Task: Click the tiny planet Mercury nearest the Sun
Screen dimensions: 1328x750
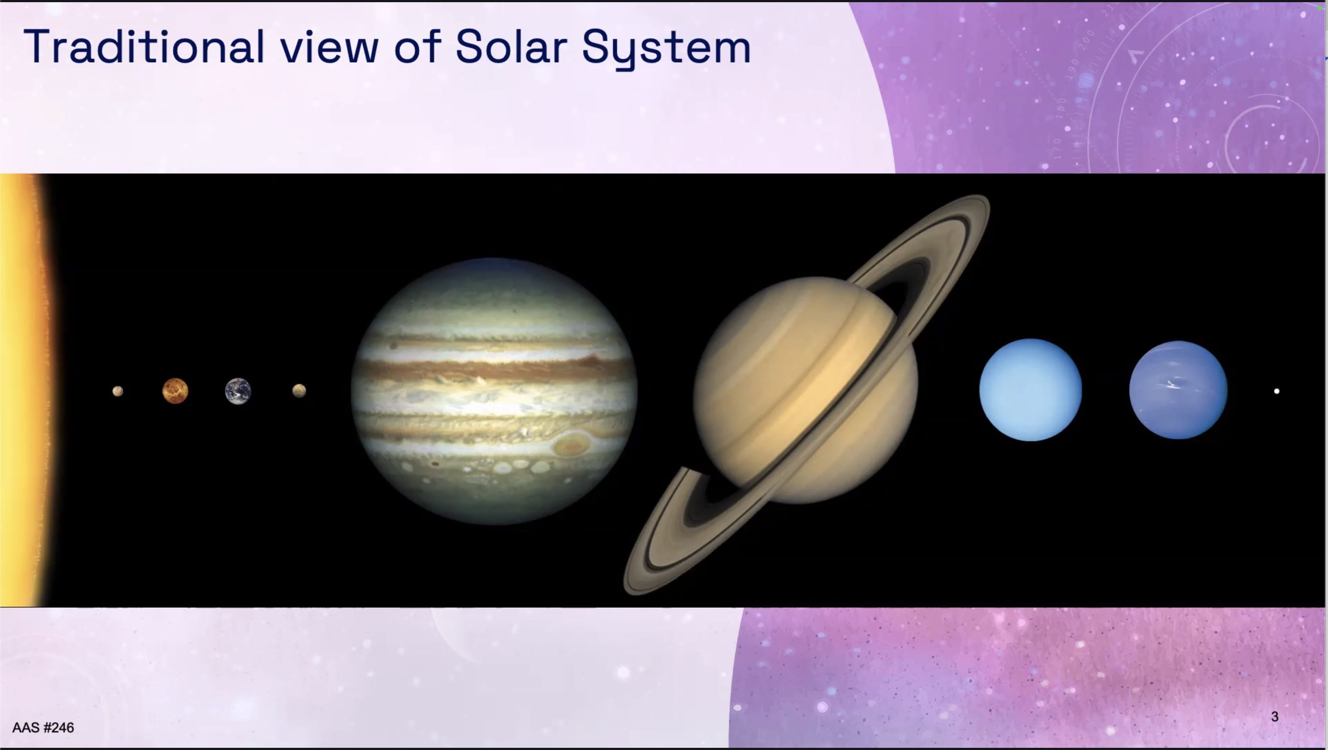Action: tap(118, 391)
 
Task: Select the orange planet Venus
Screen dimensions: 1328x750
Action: tap(175, 391)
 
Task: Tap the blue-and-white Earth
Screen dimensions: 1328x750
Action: tap(238, 391)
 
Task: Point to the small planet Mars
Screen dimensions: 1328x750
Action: tap(299, 391)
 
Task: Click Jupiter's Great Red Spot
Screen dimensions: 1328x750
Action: tap(571, 444)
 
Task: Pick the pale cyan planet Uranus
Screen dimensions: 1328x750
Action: tap(1030, 390)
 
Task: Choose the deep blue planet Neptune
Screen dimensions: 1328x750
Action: tap(1178, 390)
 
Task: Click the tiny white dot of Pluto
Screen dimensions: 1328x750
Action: tap(1276, 391)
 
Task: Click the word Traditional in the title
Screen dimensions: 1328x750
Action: tap(144, 47)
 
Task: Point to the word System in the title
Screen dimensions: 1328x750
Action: tap(666, 49)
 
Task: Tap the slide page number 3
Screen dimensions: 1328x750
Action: tap(1275, 716)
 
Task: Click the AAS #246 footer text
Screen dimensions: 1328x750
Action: tap(43, 727)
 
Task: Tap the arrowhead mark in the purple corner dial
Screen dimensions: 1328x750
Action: tap(1135, 56)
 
